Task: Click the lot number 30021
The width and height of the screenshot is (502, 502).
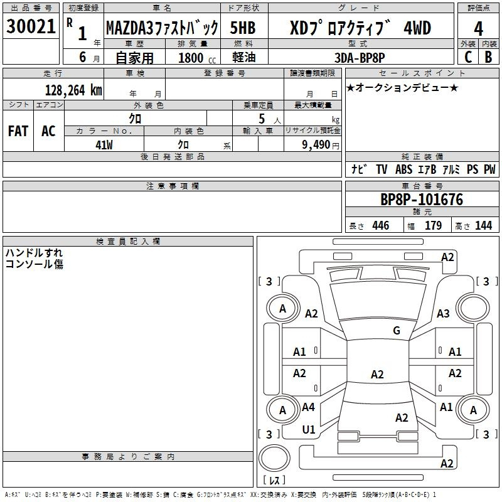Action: pyautogui.click(x=31, y=26)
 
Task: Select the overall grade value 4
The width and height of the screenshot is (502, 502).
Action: pyautogui.click(x=478, y=28)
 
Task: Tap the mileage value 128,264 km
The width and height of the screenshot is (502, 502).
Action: pyautogui.click(x=73, y=90)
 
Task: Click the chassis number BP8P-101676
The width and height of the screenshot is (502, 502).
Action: pyautogui.click(x=422, y=200)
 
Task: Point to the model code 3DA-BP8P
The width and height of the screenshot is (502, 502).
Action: pyautogui.click(x=360, y=58)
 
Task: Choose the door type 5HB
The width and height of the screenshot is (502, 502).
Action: pyautogui.click(x=243, y=28)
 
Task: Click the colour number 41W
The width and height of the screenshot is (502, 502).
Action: pyautogui.click(x=104, y=145)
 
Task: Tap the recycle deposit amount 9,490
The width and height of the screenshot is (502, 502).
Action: pyautogui.click(x=316, y=145)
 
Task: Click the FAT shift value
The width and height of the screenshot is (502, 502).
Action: pyautogui.click(x=18, y=131)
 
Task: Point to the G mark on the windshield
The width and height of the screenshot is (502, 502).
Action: pyautogui.click(x=397, y=331)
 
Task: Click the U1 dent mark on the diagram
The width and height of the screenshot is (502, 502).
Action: pyautogui.click(x=309, y=429)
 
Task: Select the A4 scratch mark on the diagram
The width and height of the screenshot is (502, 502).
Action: pyautogui.click(x=308, y=407)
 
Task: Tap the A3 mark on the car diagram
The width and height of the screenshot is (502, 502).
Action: pyautogui.click(x=443, y=313)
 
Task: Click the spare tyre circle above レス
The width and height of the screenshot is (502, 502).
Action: pyautogui.click(x=274, y=458)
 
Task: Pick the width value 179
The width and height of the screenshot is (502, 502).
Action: pyautogui.click(x=433, y=225)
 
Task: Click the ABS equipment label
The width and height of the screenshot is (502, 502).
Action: pyautogui.click(x=403, y=169)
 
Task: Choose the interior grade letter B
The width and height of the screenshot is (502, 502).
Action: pyautogui.click(x=488, y=57)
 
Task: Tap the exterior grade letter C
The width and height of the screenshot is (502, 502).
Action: pyautogui.click(x=468, y=57)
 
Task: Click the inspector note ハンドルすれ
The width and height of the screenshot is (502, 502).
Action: pyautogui.click(x=34, y=253)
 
